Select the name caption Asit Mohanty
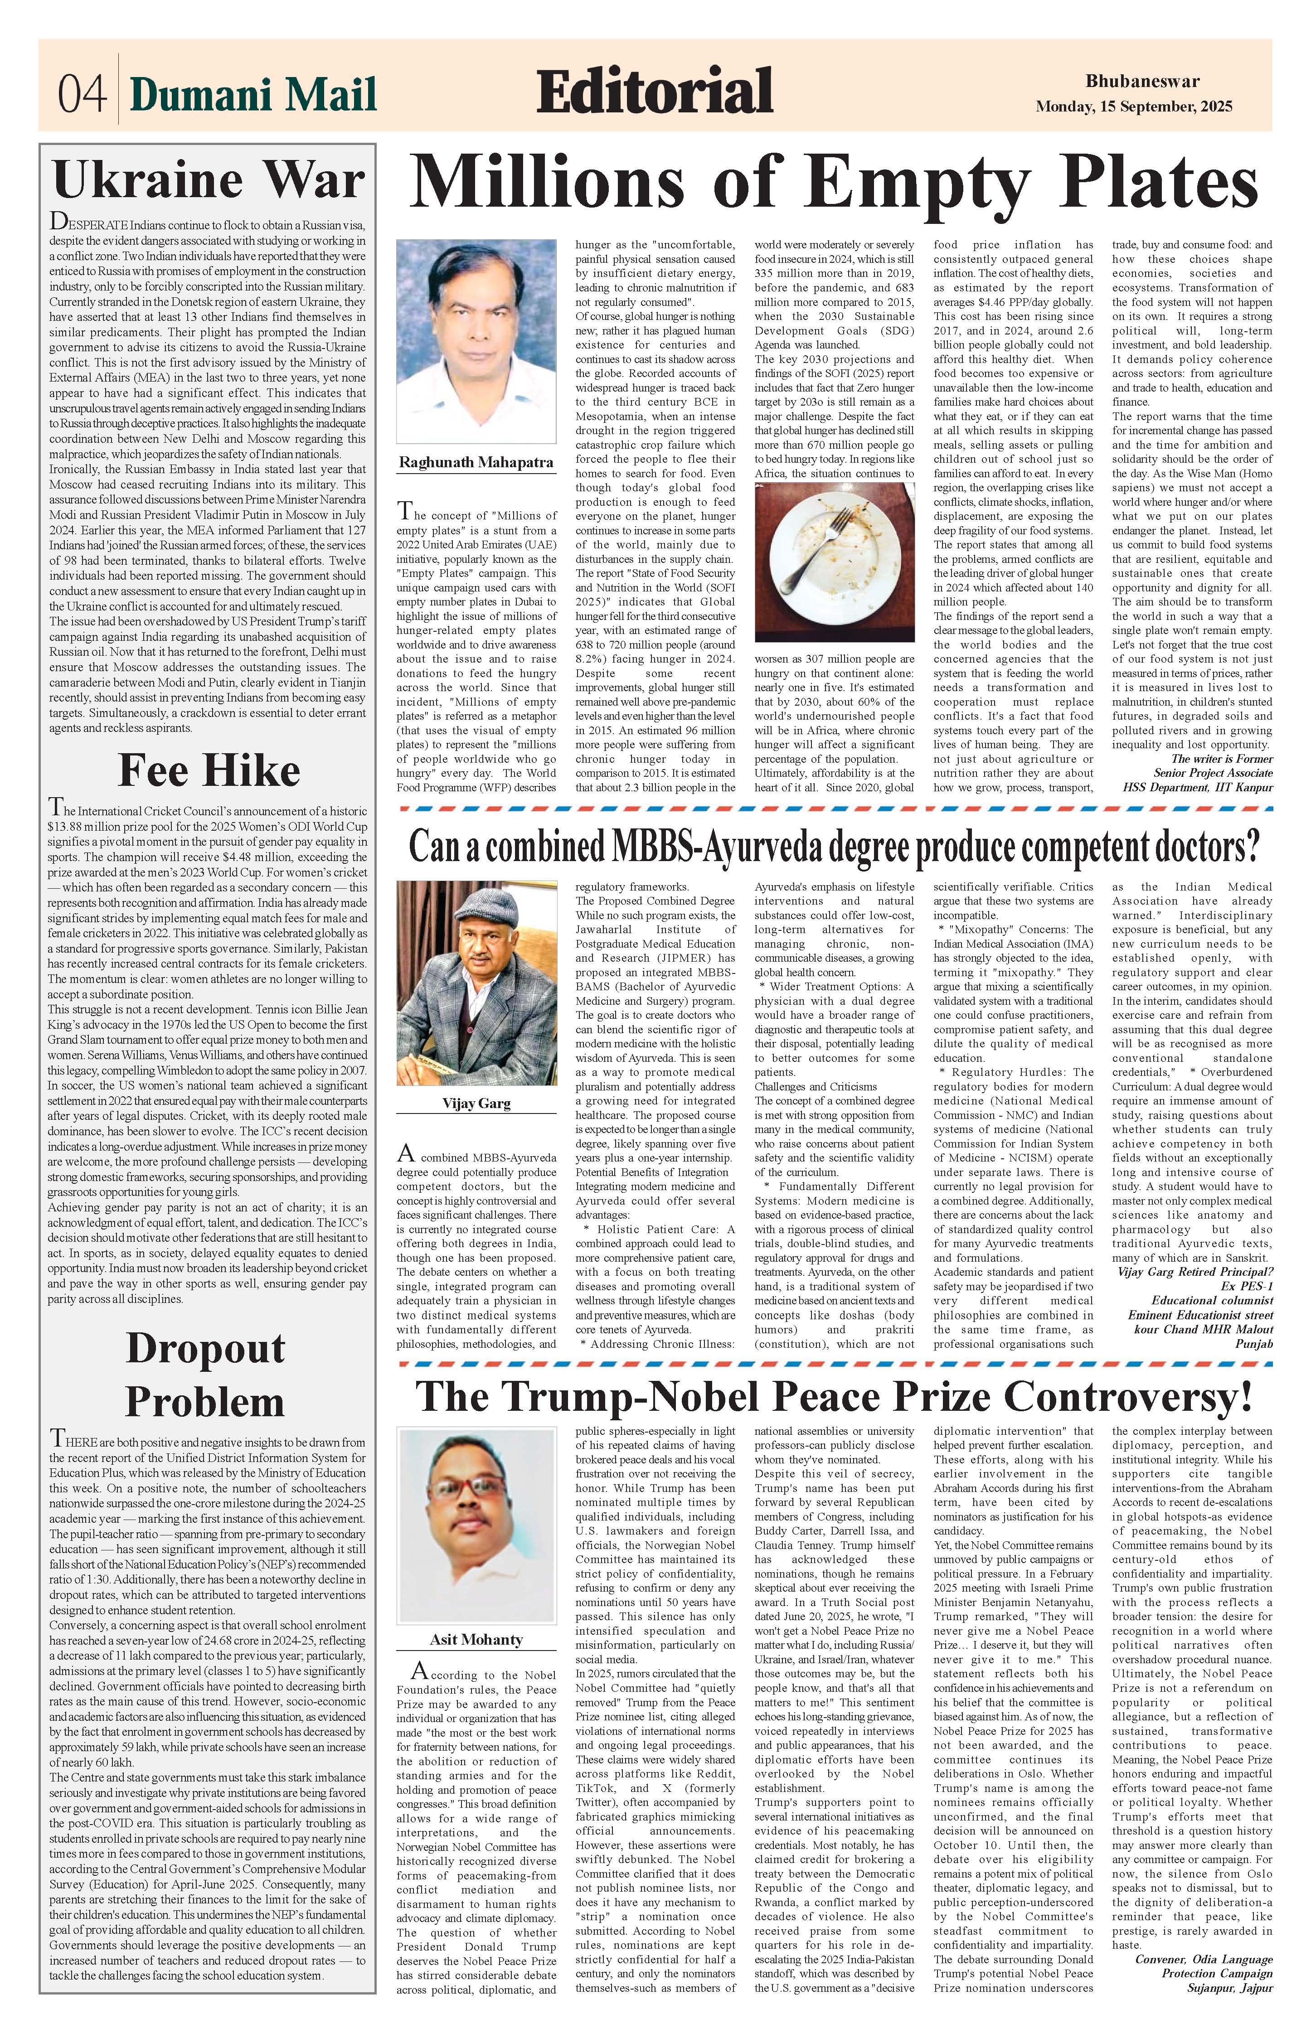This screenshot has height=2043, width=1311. click(x=476, y=1639)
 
